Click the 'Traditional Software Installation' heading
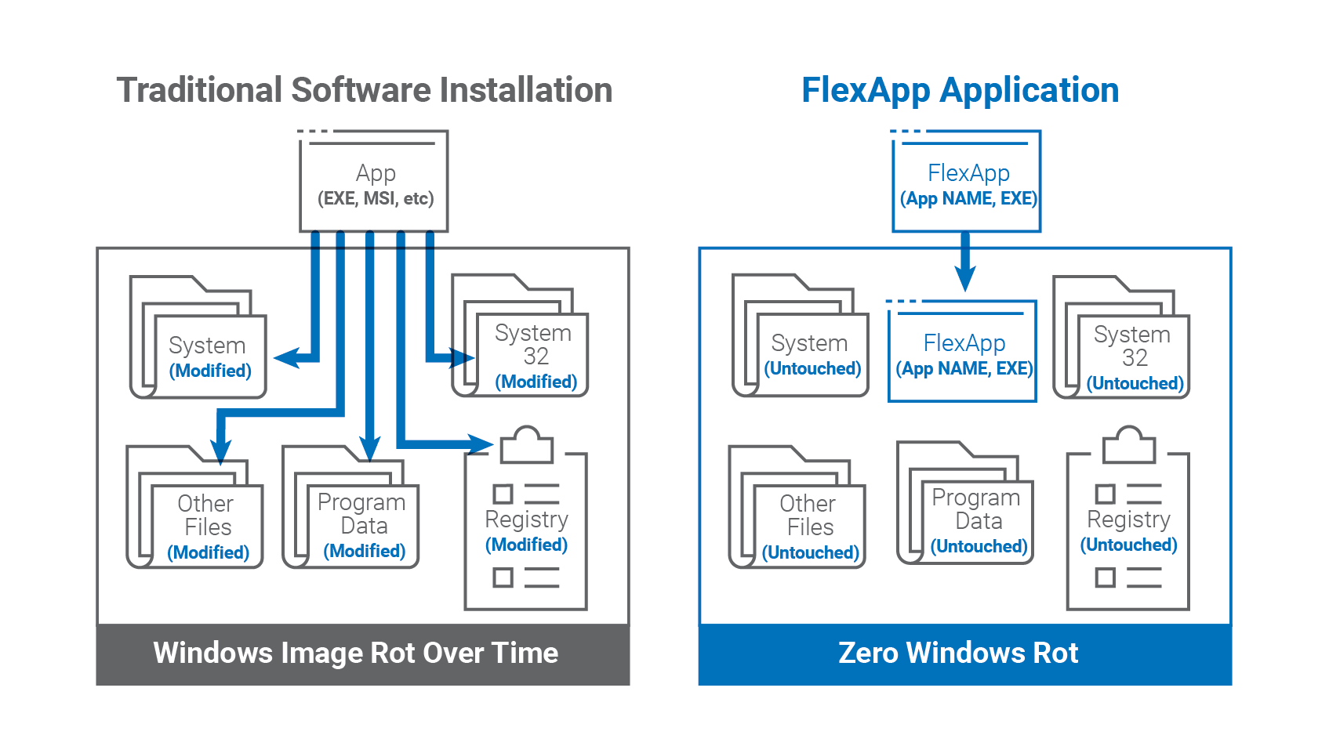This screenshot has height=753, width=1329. coord(365,90)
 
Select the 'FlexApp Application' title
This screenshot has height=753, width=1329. coord(960,91)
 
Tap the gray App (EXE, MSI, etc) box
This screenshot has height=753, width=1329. coord(374,181)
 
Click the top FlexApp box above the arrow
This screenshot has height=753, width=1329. coord(966,181)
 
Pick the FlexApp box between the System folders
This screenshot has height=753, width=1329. coord(962,351)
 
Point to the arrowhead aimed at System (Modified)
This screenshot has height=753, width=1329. coord(286,358)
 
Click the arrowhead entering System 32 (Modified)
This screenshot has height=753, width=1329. coord(463,358)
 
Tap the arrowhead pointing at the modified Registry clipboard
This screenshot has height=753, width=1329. coord(481,443)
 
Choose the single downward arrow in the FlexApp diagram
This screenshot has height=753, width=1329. coord(965,262)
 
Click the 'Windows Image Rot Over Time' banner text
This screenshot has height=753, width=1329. coord(356,653)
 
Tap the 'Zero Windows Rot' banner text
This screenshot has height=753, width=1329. coord(958,653)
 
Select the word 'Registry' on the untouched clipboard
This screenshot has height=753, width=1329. coord(1128,519)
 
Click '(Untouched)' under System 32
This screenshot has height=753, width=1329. coord(1135,384)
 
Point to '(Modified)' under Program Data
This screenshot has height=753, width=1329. coord(365,552)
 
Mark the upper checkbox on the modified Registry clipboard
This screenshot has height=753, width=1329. coord(503,494)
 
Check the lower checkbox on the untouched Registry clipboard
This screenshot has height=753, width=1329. coord(1106,577)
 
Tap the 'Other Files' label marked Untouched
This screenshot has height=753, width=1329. coord(808,516)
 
